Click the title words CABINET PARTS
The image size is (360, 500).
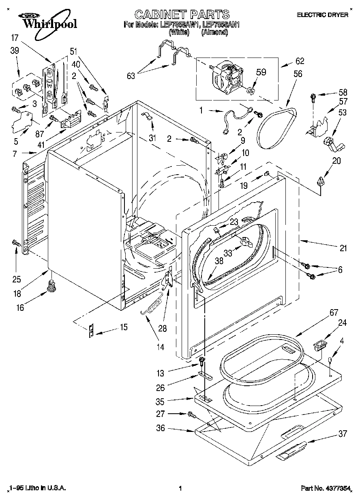pos(182,15)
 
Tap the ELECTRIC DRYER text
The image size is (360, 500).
pos(323,15)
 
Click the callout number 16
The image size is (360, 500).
pos(19,308)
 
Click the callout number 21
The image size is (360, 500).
pos(343,248)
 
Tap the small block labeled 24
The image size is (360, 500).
pos(320,346)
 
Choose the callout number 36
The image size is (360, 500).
pos(161,428)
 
